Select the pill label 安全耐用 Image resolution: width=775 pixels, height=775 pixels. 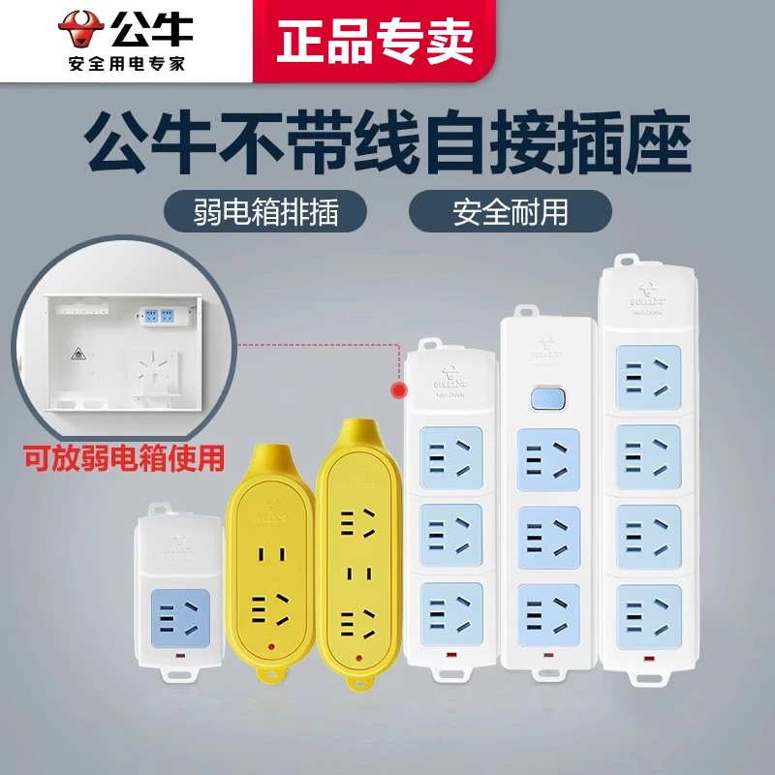(x=511, y=211)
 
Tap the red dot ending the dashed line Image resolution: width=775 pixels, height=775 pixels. (x=397, y=389)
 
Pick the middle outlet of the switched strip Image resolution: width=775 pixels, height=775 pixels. (x=549, y=534)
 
